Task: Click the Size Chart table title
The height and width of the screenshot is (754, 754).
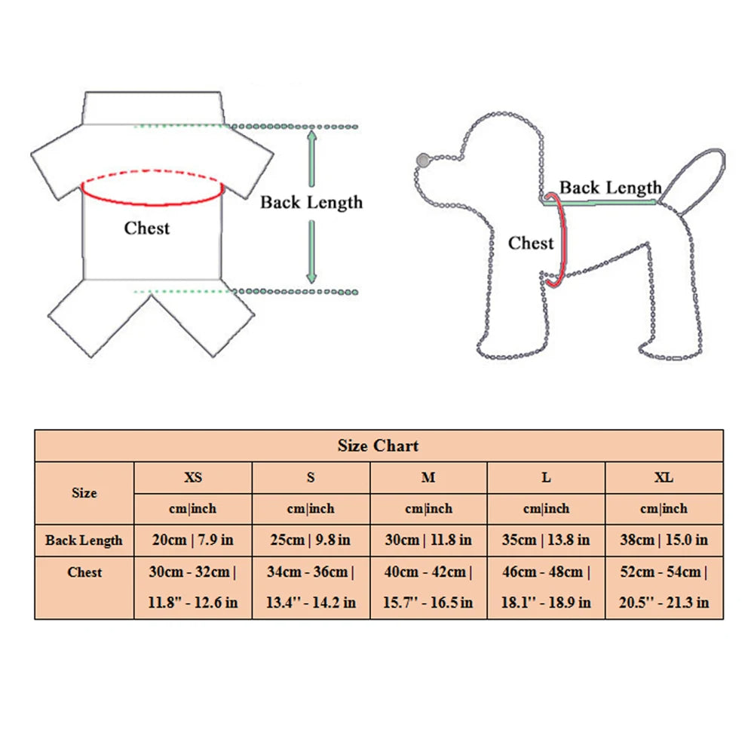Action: (x=378, y=446)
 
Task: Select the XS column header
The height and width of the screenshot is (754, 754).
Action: (x=193, y=477)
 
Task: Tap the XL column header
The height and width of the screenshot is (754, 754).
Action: (x=664, y=477)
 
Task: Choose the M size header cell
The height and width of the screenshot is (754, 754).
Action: (x=428, y=477)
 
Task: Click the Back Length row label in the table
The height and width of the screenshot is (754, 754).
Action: (x=84, y=541)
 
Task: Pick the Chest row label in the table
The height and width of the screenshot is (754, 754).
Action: (x=84, y=572)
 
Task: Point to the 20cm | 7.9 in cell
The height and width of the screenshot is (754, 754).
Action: (x=193, y=540)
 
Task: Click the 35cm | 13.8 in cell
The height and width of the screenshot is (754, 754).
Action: (x=546, y=540)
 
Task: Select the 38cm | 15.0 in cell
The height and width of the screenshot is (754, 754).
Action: (x=664, y=540)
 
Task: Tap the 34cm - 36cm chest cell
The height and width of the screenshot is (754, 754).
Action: (x=311, y=587)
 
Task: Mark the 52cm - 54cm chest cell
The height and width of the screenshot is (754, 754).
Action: (x=664, y=587)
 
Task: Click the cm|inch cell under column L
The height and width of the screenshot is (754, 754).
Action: (x=546, y=509)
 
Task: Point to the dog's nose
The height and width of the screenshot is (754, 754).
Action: (x=423, y=160)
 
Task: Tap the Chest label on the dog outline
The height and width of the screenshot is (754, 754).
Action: (x=530, y=244)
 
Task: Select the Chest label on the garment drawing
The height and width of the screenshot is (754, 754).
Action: (x=147, y=228)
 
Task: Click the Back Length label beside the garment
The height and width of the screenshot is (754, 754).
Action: (x=311, y=202)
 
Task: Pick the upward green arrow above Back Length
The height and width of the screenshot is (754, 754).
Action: (x=311, y=158)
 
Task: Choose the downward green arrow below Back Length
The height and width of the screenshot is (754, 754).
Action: (x=311, y=252)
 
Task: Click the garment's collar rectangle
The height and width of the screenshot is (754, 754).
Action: (x=153, y=108)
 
